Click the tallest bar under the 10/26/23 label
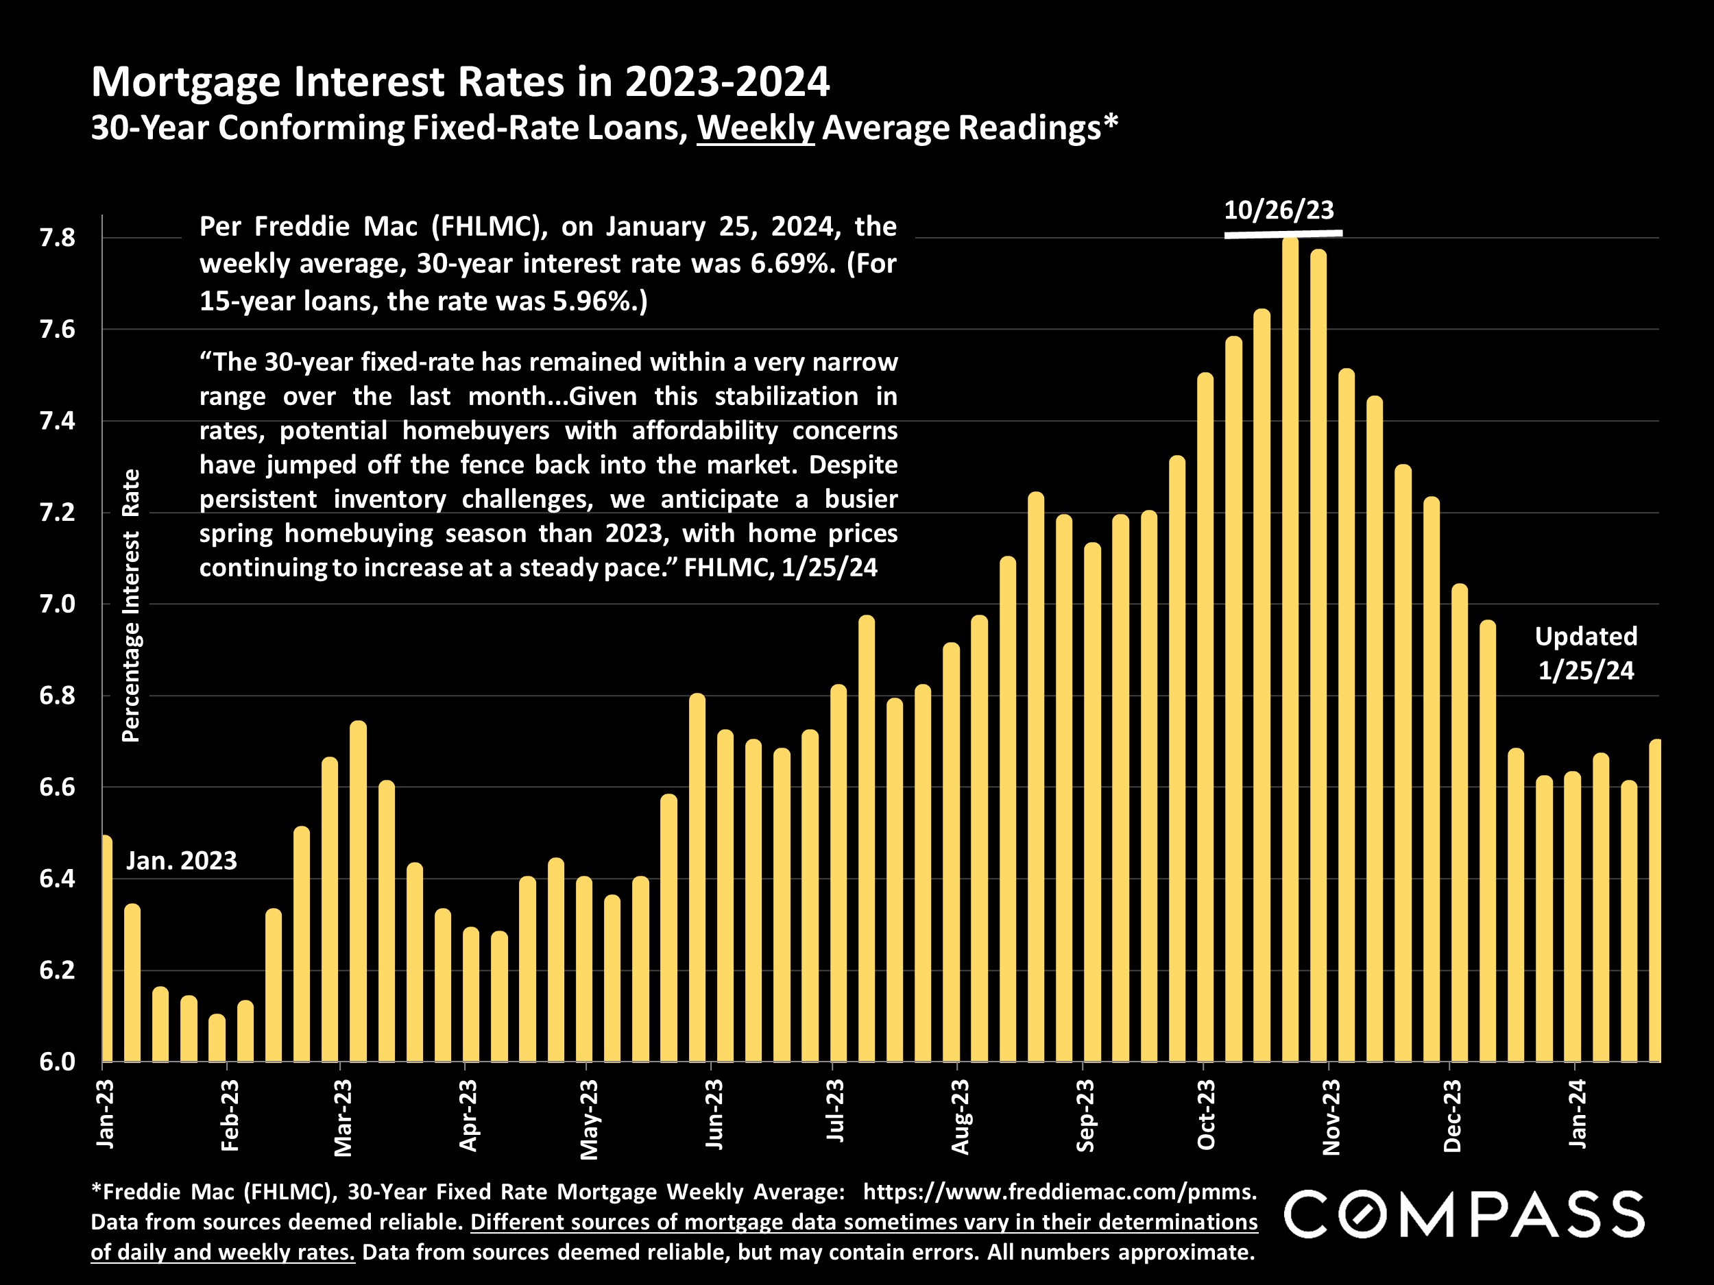coord(1290,650)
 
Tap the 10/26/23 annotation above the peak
coord(1279,210)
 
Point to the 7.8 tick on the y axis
coord(58,238)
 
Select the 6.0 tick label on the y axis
coord(58,1062)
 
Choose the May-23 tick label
coord(589,1119)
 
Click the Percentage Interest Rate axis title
coord(131,605)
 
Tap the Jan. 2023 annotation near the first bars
coord(181,861)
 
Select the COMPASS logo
coord(1464,1214)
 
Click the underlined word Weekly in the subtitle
coord(756,127)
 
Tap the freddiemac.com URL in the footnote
coord(1059,1191)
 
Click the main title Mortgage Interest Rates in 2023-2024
coord(460,82)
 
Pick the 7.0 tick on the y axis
coord(58,604)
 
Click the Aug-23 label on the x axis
coord(959,1115)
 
